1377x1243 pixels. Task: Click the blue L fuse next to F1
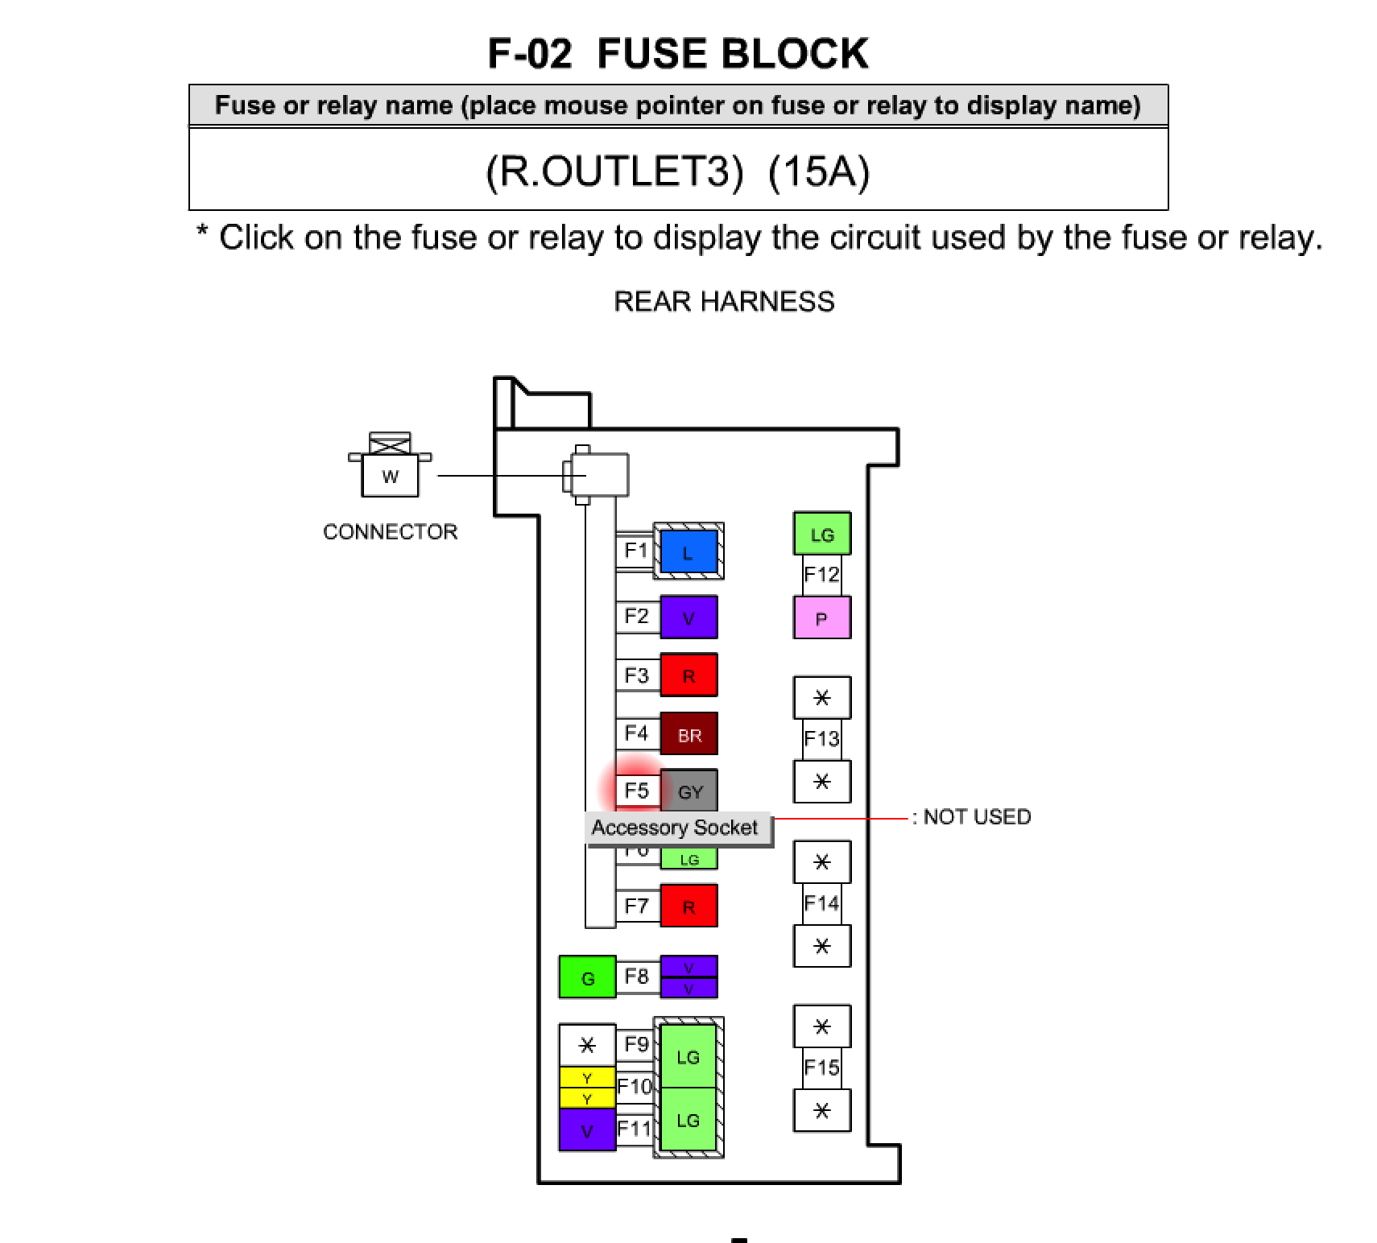[688, 551]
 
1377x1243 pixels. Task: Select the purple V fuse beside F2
[688, 617]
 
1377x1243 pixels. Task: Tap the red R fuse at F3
[688, 675]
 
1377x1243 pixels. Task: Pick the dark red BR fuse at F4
[688, 734]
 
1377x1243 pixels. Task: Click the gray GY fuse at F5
[689, 791]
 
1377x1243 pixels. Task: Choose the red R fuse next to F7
[688, 906]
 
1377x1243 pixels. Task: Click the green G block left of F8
[587, 977]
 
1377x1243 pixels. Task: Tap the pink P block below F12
[821, 617]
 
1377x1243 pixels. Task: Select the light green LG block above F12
[821, 533]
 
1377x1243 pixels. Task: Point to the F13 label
[821, 738]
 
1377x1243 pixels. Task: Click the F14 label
[821, 903]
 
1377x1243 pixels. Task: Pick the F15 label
[821, 1067]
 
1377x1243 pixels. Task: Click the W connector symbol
[390, 475]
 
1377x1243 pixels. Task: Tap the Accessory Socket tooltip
[675, 828]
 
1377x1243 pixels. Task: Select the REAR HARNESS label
[724, 302]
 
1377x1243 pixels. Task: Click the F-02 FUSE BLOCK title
[678, 54]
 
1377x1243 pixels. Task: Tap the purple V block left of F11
[587, 1129]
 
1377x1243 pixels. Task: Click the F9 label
[636, 1045]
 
